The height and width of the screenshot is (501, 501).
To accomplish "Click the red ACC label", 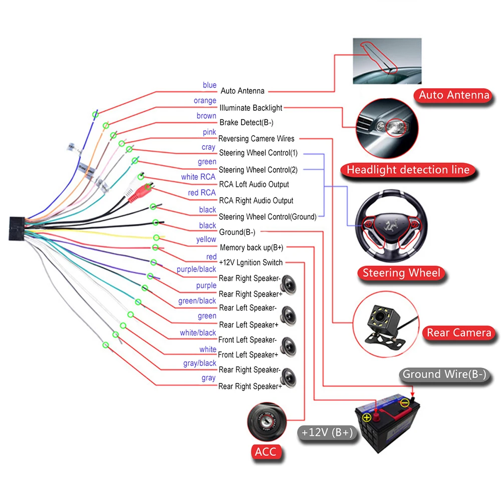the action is pos(266,452).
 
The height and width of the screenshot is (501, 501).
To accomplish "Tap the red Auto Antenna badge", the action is pos(454,95).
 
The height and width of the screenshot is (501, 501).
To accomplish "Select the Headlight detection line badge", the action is pos(408,170).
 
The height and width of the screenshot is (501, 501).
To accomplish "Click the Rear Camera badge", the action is pos(459,333).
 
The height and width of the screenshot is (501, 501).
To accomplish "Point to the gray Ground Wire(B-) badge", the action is pos(444,374).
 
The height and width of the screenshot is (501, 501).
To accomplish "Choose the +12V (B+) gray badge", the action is pos(327,433).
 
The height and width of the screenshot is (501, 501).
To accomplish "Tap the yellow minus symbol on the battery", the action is pos(405,403).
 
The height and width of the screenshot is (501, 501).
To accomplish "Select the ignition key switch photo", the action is pos(267,422).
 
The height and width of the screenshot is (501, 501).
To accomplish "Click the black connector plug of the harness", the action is pos(17,228).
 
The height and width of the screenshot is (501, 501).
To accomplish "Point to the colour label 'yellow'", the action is pos(206,239).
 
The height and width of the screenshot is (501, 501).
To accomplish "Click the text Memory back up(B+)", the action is pos(252,247).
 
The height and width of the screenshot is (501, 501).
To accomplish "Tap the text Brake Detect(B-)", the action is pos(246,123).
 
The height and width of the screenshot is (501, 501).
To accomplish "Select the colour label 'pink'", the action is pos(209,132).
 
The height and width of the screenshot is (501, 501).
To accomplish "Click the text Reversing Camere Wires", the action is pos(256,139).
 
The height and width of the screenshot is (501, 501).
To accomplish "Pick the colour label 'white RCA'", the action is pos(198,177).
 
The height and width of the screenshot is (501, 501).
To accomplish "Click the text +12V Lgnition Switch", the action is pos(251,263).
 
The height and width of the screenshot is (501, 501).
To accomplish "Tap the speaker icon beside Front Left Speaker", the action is pos(289,347).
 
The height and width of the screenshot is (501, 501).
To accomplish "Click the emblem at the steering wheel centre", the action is pos(391,224).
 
